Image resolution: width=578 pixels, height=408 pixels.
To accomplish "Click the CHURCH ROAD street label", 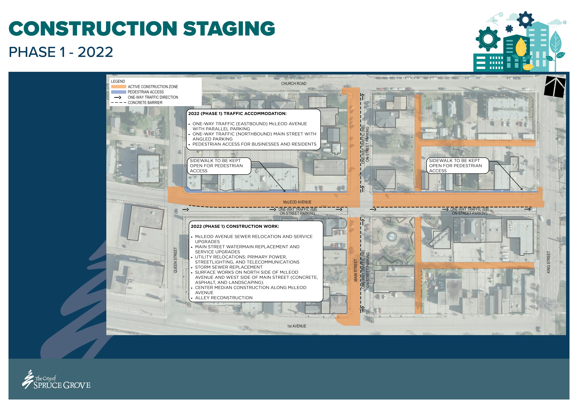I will pos(294,84).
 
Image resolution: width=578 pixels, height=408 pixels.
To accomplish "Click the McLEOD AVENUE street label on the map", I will pos(297,202).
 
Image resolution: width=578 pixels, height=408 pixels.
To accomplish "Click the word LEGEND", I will pos(118,81).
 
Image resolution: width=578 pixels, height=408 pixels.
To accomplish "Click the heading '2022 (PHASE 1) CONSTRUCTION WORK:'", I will pos(235,226).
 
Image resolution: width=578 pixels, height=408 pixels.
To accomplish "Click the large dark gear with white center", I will pos(488,39).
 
